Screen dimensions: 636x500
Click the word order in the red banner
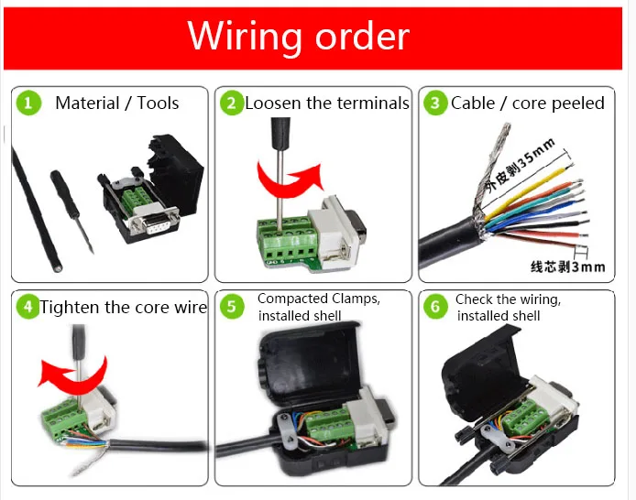coord(362,36)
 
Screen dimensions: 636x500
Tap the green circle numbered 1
coord(28,103)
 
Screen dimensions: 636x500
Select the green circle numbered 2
coord(232,103)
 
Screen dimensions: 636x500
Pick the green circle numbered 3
coord(435,103)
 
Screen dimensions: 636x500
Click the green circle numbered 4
coord(28,307)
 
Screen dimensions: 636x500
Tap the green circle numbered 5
coord(232,307)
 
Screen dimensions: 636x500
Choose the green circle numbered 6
coord(435,307)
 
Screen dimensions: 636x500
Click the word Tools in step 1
coord(158,103)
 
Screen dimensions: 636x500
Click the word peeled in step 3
coord(578,103)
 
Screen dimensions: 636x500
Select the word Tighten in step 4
coord(70,308)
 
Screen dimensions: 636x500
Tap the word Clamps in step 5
coord(355,299)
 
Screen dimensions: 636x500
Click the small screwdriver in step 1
coord(71,212)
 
